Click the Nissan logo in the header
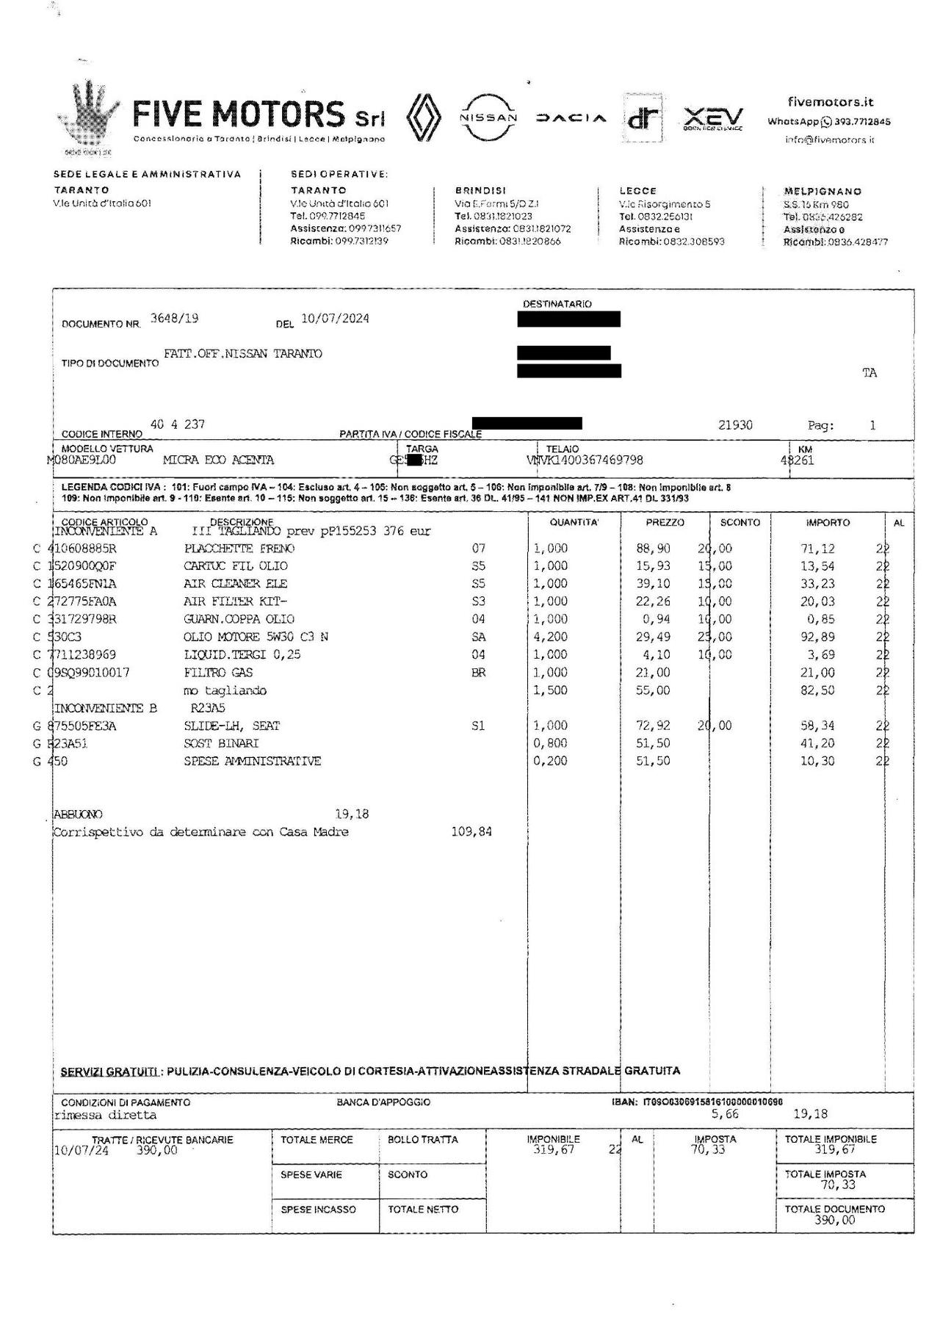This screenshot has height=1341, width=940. pos(488,118)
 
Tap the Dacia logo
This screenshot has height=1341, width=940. pos(571,118)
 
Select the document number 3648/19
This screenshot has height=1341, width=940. pos(174,318)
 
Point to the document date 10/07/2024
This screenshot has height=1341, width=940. pos(335,318)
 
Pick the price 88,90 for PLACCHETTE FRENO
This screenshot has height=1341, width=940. pos(653,549)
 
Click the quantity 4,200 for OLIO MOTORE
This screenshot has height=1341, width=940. pos(551,637)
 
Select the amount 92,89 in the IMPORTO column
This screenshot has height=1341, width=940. pos(817,637)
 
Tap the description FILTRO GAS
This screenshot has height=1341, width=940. pos(218,672)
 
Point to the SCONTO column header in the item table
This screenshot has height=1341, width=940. pos(740,522)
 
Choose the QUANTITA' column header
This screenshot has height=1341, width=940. pos(574,522)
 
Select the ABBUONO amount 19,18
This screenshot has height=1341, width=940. pos(352,814)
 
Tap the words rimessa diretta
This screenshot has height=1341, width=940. pos(106,1114)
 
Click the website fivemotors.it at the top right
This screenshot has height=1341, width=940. pos(831,102)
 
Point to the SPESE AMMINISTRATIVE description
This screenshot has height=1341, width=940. pos(252,761)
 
